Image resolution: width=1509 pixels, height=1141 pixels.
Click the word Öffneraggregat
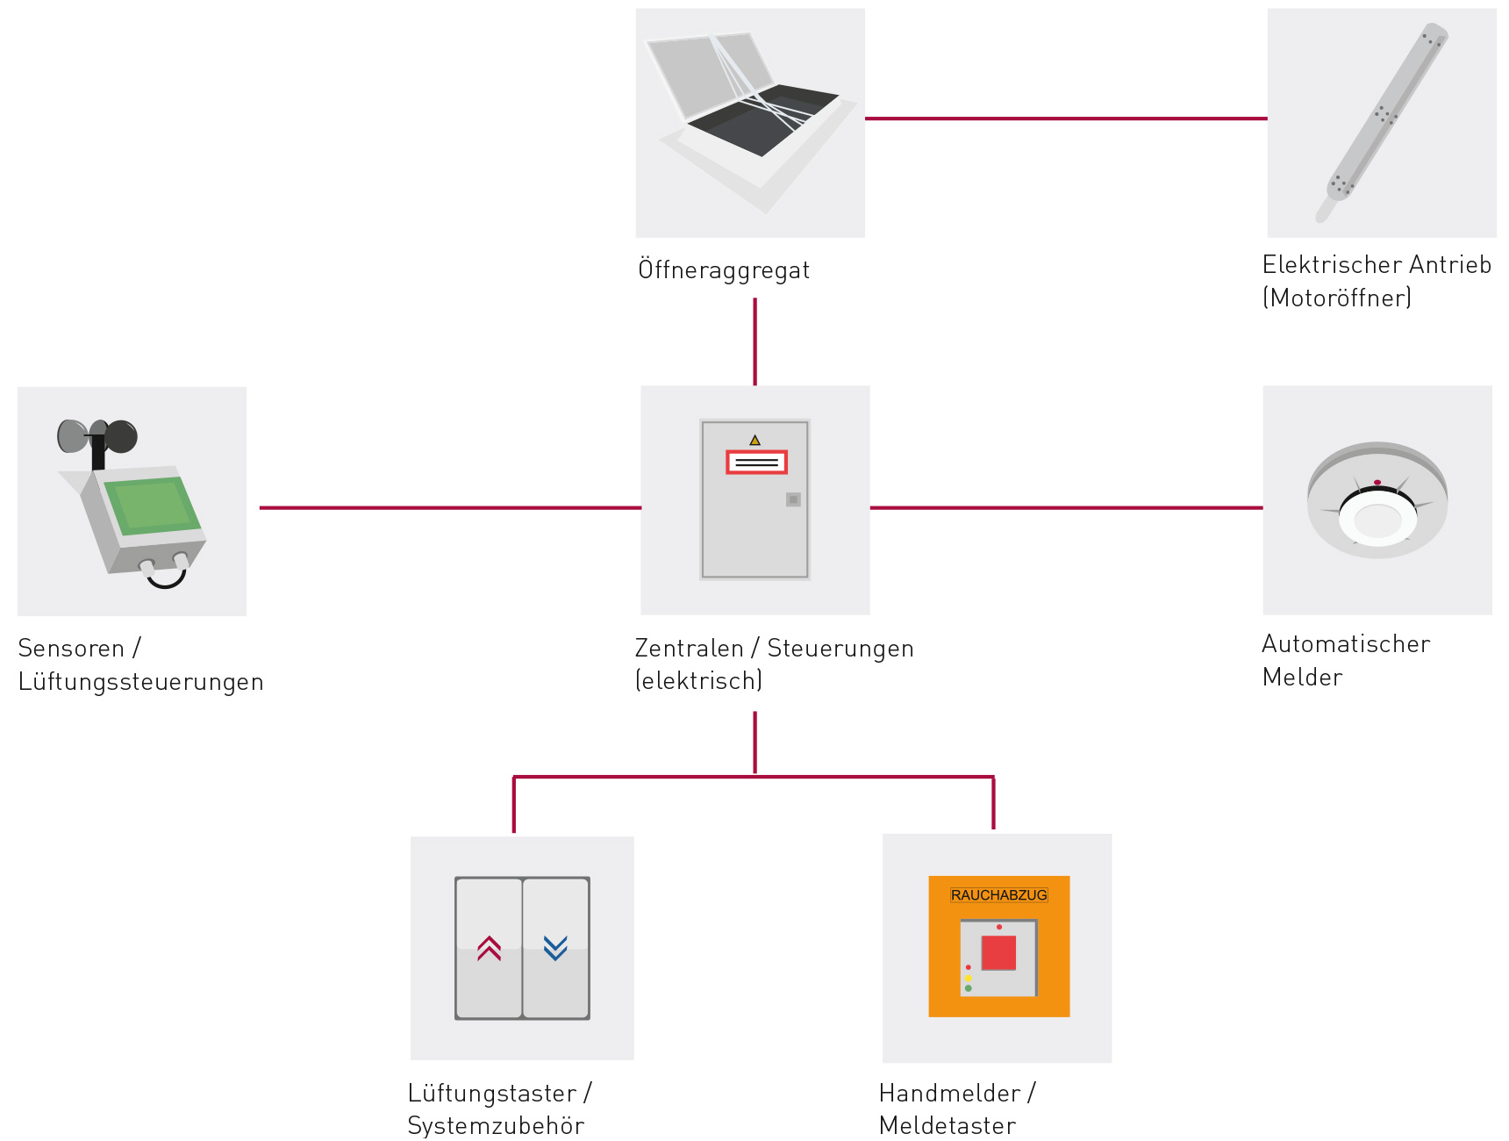[724, 269]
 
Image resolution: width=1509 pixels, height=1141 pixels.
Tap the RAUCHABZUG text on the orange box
[998, 895]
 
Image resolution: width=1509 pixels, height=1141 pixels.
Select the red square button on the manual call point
[998, 952]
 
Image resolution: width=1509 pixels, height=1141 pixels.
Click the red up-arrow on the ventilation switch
[490, 948]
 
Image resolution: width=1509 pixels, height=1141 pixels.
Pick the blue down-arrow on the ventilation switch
[555, 948]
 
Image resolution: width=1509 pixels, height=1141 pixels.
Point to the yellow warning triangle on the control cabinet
[754, 440]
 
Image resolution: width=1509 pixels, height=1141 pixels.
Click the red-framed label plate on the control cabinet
[756, 462]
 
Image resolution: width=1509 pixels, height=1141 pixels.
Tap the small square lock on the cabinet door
[793, 499]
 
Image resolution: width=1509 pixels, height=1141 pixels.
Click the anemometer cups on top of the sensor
[97, 435]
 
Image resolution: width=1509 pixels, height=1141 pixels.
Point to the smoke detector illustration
[1377, 500]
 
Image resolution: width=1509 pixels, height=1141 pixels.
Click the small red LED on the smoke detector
[1377, 483]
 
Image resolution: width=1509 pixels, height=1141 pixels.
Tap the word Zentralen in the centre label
[689, 648]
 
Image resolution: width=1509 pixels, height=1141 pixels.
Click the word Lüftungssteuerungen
[140, 682]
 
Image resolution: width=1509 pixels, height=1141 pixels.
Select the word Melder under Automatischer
[1302, 677]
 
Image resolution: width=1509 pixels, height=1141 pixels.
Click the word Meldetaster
[948, 1125]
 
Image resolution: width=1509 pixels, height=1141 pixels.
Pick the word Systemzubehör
[496, 1125]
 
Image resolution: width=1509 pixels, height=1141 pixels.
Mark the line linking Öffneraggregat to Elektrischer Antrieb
[1066, 118]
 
